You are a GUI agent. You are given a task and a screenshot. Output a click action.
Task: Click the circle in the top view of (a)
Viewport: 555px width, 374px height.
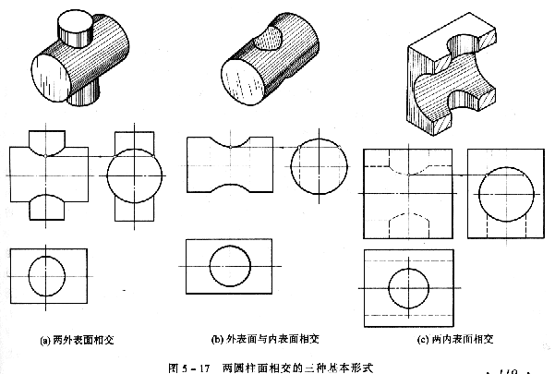(x=48, y=275)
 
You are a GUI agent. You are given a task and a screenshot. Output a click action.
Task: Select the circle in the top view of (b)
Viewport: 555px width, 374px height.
(x=229, y=269)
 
